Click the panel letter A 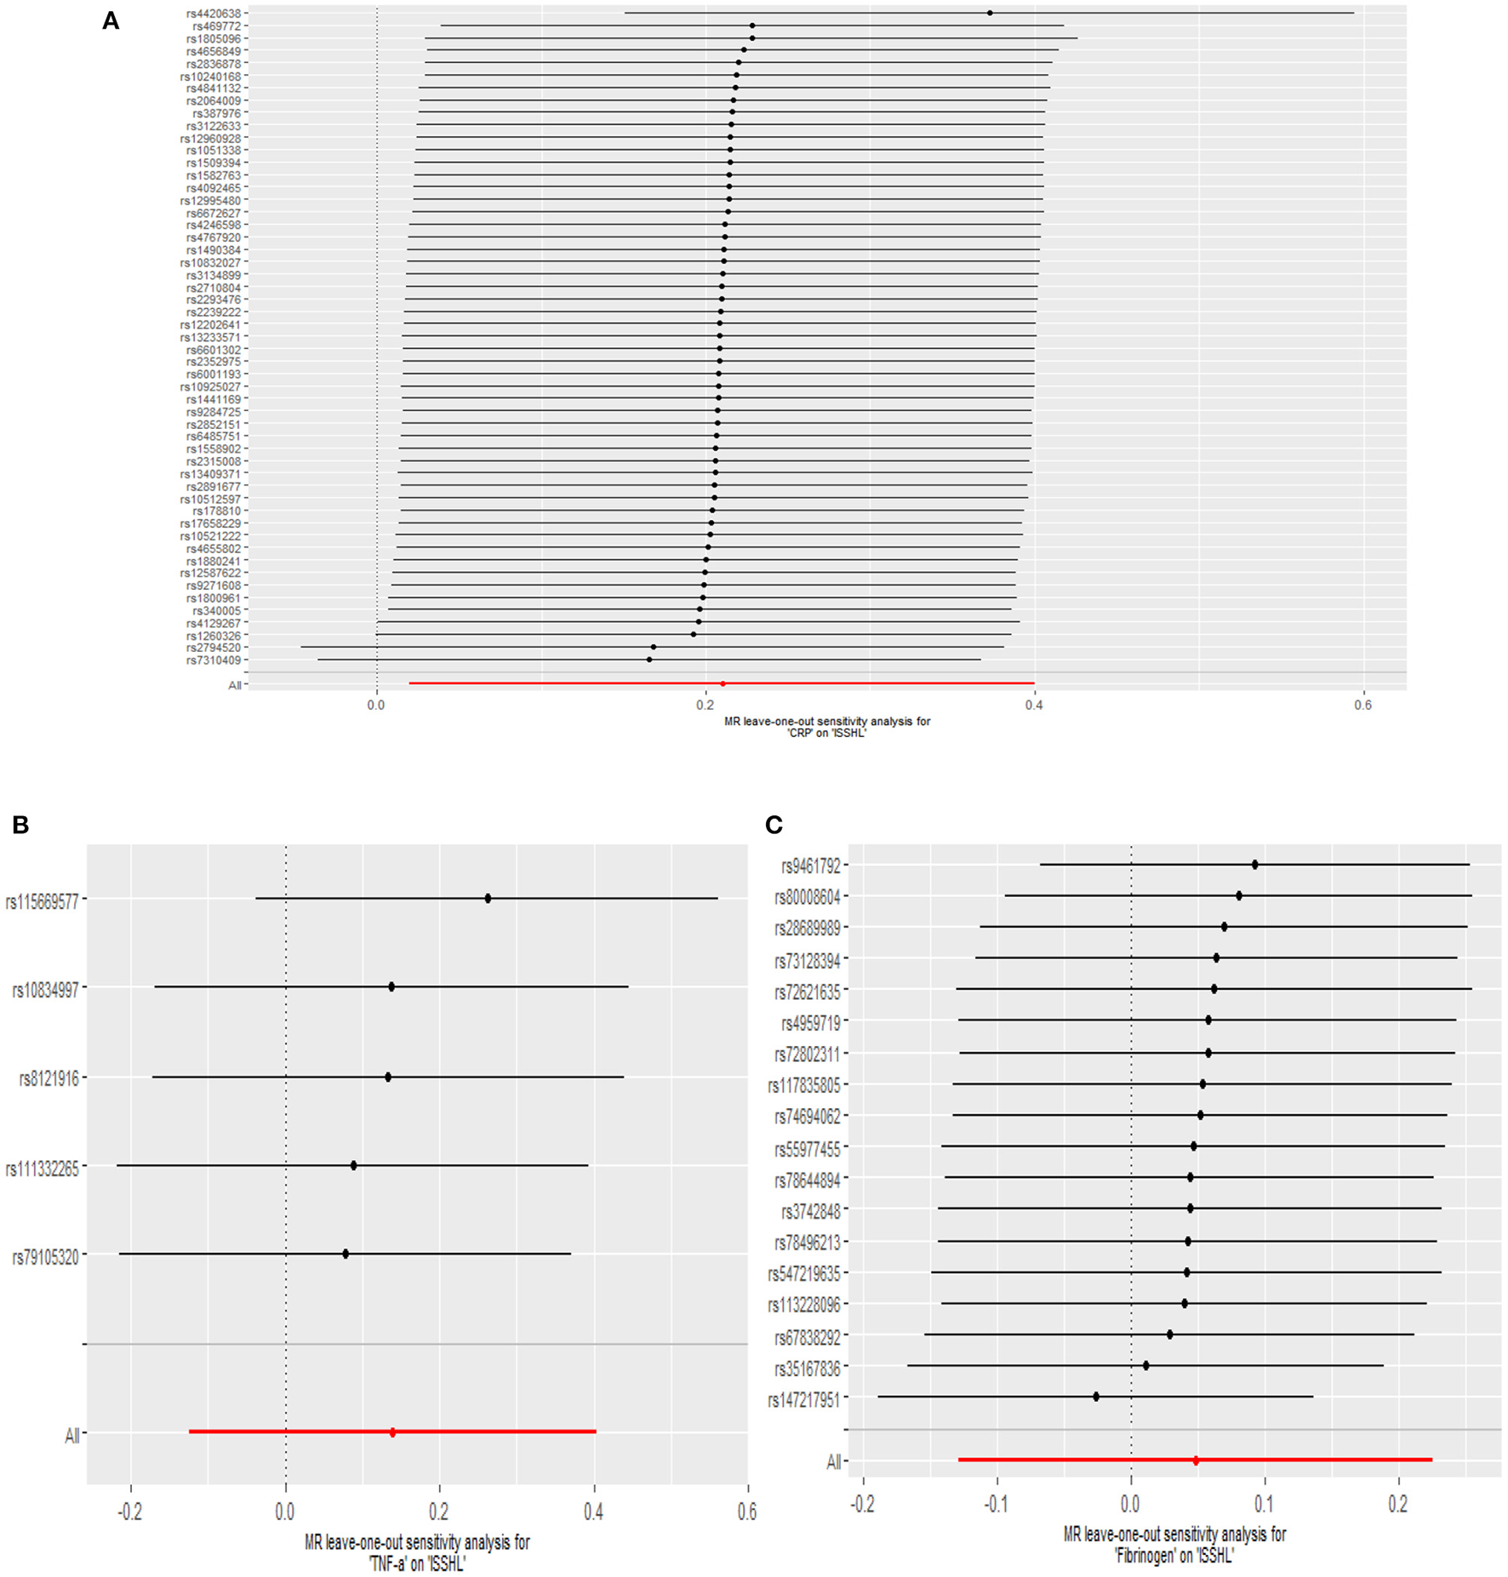(x=111, y=21)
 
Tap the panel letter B (x=20, y=824)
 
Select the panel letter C (x=774, y=824)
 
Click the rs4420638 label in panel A (x=214, y=14)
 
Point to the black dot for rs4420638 (x=990, y=13)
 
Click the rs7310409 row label (x=214, y=660)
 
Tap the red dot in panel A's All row (x=723, y=683)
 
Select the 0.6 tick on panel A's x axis (x=1363, y=705)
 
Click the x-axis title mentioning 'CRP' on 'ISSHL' (x=826, y=727)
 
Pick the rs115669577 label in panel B (x=43, y=901)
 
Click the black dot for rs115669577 (x=488, y=898)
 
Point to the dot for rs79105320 (x=346, y=1254)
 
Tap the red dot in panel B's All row (x=392, y=1432)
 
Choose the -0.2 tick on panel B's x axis (x=131, y=1511)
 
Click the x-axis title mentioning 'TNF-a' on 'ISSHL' (x=417, y=1552)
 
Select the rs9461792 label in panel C (x=811, y=866)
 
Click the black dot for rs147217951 (x=1096, y=1397)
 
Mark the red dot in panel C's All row (x=1196, y=1460)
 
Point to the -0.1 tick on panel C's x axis (x=997, y=1504)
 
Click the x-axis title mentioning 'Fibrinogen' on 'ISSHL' (x=1174, y=1545)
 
